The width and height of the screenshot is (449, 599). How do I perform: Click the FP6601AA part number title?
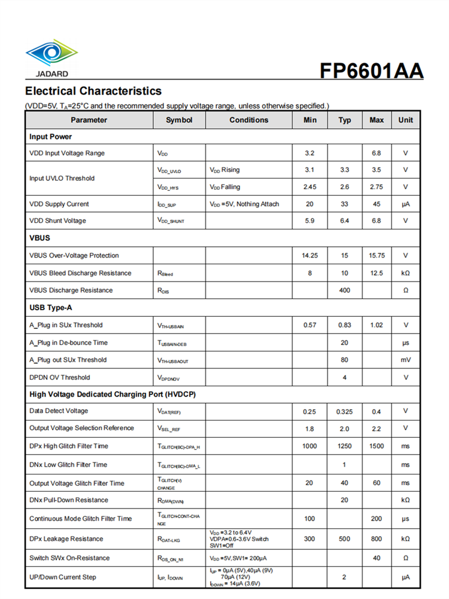pyautogui.click(x=371, y=71)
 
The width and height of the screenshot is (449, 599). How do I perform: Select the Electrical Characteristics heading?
pyautogui.click(x=93, y=91)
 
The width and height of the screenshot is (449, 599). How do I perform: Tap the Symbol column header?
pyautogui.click(x=179, y=120)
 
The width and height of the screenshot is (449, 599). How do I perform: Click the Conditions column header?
pyautogui.click(x=248, y=120)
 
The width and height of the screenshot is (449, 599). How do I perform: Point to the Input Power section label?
pyautogui.click(x=50, y=137)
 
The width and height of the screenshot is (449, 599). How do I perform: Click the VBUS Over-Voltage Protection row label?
pyautogui.click(x=74, y=255)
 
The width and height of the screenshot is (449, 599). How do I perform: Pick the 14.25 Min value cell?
pyautogui.click(x=310, y=255)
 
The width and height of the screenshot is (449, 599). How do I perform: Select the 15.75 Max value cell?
pyautogui.click(x=377, y=255)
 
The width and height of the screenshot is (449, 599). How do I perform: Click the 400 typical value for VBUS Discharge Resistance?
pyautogui.click(x=344, y=290)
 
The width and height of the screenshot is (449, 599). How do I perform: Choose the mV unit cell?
pyautogui.click(x=405, y=360)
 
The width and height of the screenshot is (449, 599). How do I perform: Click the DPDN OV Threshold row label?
pyautogui.click(x=60, y=377)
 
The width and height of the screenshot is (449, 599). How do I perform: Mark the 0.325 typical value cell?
pyautogui.click(x=344, y=411)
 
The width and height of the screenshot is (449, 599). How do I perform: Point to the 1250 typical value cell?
pyautogui.click(x=344, y=446)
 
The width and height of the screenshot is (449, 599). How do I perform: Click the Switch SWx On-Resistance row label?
pyautogui.click(x=69, y=558)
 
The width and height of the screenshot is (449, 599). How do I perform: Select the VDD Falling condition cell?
pyautogui.click(x=225, y=187)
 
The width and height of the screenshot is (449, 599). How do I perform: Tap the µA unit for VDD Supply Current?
pyautogui.click(x=405, y=204)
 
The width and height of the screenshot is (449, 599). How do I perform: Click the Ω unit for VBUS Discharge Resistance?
pyautogui.click(x=405, y=290)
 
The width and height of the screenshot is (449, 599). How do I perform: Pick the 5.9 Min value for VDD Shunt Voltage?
pyautogui.click(x=310, y=221)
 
